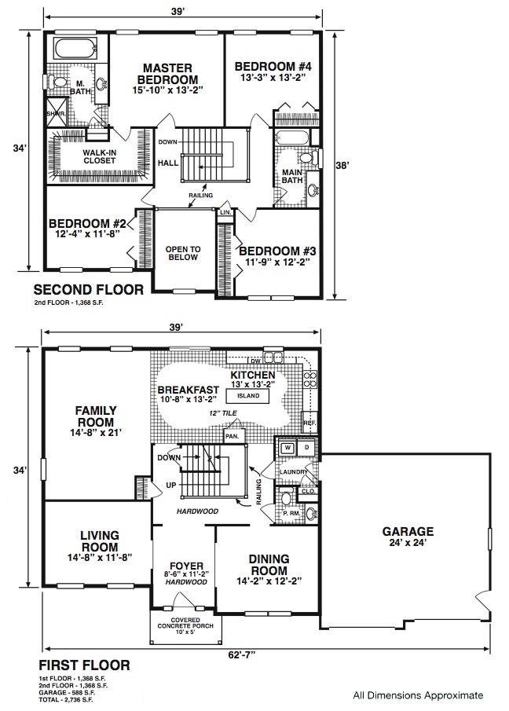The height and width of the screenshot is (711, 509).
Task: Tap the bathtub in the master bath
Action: (x=75, y=48)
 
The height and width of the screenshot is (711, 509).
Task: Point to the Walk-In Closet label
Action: (x=99, y=157)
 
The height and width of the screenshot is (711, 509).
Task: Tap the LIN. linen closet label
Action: (x=225, y=213)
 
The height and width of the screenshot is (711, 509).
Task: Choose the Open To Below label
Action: (x=183, y=253)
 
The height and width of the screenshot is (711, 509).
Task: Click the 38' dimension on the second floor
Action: (x=342, y=166)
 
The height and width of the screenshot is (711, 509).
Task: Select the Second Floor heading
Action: (x=89, y=289)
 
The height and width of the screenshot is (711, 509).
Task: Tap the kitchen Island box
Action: (x=248, y=396)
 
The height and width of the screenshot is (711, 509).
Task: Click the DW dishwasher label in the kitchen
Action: (x=255, y=361)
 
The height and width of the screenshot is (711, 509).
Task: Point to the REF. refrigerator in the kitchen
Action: (x=309, y=422)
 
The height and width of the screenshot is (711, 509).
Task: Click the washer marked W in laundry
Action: (x=287, y=448)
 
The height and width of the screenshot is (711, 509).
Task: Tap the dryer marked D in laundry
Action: (x=306, y=448)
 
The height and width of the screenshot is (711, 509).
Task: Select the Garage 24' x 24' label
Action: (x=408, y=537)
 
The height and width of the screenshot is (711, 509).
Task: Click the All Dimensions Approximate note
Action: (x=418, y=695)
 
